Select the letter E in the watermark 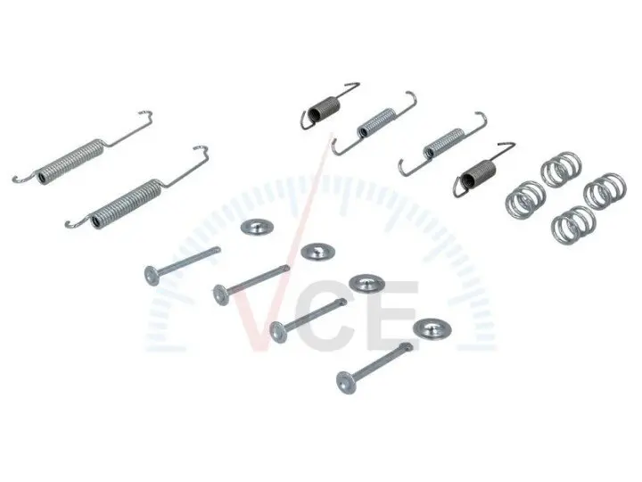(x=393, y=316)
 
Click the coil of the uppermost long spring (x=70, y=161)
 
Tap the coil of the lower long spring (x=126, y=203)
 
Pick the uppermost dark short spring (x=324, y=109)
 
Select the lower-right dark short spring (x=478, y=172)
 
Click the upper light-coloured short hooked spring (x=375, y=122)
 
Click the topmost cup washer (x=257, y=227)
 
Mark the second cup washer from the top (x=318, y=251)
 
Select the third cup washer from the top (x=366, y=283)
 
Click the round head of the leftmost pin (x=152, y=275)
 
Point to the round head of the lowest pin (x=345, y=382)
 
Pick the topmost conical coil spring (x=561, y=169)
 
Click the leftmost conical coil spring (x=525, y=200)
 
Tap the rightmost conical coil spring (x=605, y=191)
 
